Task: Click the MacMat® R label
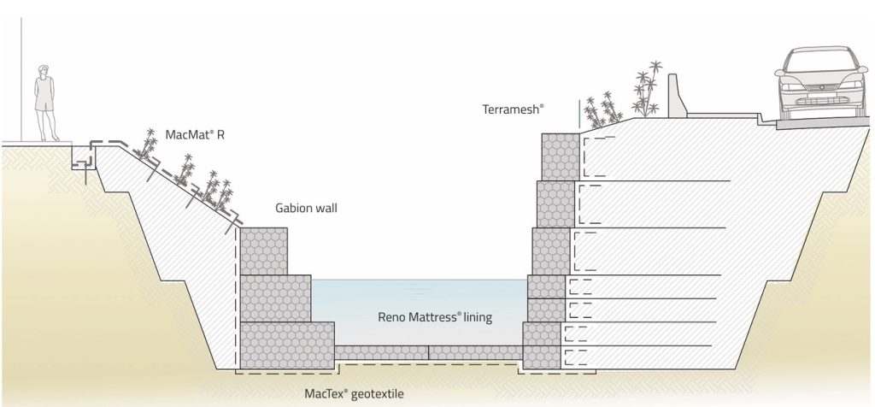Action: (x=196, y=134)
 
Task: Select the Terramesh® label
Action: (x=513, y=109)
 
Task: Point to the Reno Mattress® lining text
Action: (x=435, y=316)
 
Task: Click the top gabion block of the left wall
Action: (x=264, y=250)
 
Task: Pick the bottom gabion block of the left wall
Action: (x=287, y=345)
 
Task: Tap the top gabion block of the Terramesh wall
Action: (x=560, y=156)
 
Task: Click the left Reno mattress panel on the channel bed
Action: (x=381, y=351)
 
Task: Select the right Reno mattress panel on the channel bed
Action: (x=475, y=351)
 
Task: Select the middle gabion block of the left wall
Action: (x=275, y=298)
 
